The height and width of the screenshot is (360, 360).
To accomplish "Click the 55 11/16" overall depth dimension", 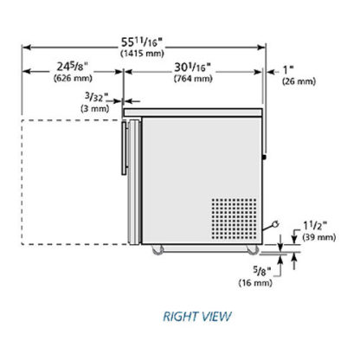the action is (142, 42).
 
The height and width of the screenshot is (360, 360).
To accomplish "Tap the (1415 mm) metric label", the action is (142, 54).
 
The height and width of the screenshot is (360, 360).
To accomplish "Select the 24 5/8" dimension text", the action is (72, 67).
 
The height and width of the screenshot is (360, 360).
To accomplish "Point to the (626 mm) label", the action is (73, 78).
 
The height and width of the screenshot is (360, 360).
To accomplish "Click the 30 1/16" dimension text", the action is (192, 67).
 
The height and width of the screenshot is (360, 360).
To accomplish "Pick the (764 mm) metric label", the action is (193, 79).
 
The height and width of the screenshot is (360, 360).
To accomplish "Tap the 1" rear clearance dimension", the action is (288, 70).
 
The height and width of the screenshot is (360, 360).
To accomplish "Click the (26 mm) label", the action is (299, 81).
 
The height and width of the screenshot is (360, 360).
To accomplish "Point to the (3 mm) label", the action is (95, 109).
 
